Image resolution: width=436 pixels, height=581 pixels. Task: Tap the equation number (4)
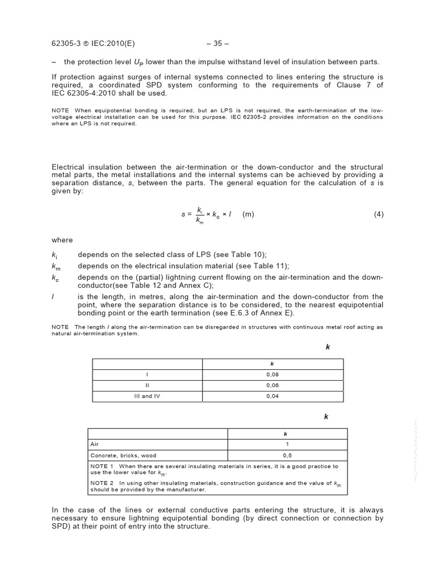point(379,214)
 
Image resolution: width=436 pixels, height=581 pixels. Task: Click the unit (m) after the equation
point(248,214)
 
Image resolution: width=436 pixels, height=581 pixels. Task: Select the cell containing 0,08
point(272,374)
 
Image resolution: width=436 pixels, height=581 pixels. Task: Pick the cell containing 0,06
point(272,385)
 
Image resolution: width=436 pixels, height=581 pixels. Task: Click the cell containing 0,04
point(272,396)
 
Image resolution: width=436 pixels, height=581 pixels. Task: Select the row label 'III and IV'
point(147,396)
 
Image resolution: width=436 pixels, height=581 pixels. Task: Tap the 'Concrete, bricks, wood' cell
point(123,455)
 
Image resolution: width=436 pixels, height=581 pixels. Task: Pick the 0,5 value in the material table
point(287,455)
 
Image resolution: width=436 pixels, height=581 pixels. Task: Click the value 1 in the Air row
point(287,444)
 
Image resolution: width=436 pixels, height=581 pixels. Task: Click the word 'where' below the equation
point(62,240)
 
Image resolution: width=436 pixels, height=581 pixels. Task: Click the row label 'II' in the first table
point(147,385)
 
